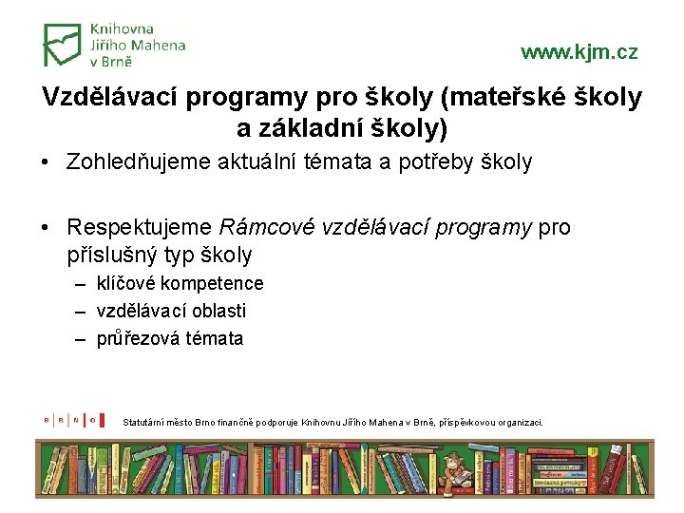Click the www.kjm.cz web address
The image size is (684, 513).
point(579,52)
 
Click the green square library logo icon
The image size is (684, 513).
point(63,45)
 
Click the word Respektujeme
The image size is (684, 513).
point(140,228)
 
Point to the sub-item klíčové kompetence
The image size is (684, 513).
point(180,283)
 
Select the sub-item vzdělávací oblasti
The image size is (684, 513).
point(171,311)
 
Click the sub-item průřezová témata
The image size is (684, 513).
point(170,338)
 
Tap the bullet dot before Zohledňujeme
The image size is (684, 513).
point(46,162)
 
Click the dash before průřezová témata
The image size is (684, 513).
point(84,338)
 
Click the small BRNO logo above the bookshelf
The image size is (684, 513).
point(69,418)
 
